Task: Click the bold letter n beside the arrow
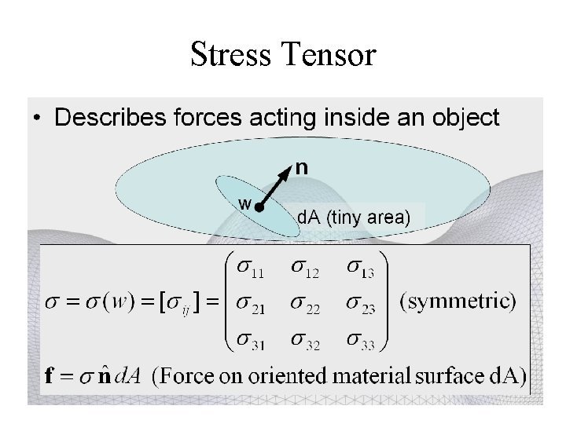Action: [x=302, y=166]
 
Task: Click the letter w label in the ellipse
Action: [x=245, y=203]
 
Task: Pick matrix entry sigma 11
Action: [x=248, y=269]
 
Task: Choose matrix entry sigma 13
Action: [x=359, y=269]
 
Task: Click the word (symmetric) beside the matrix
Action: [x=458, y=301]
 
